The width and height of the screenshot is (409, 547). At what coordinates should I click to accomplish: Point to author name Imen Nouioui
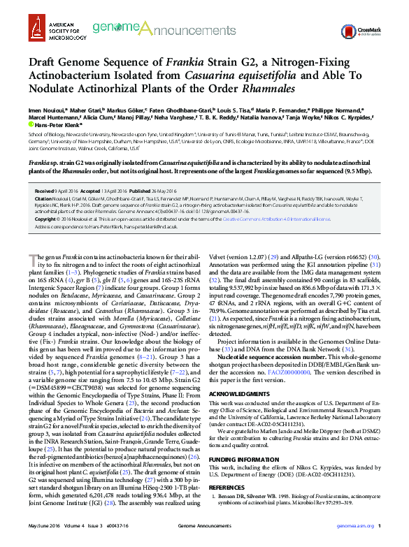[44, 110]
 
